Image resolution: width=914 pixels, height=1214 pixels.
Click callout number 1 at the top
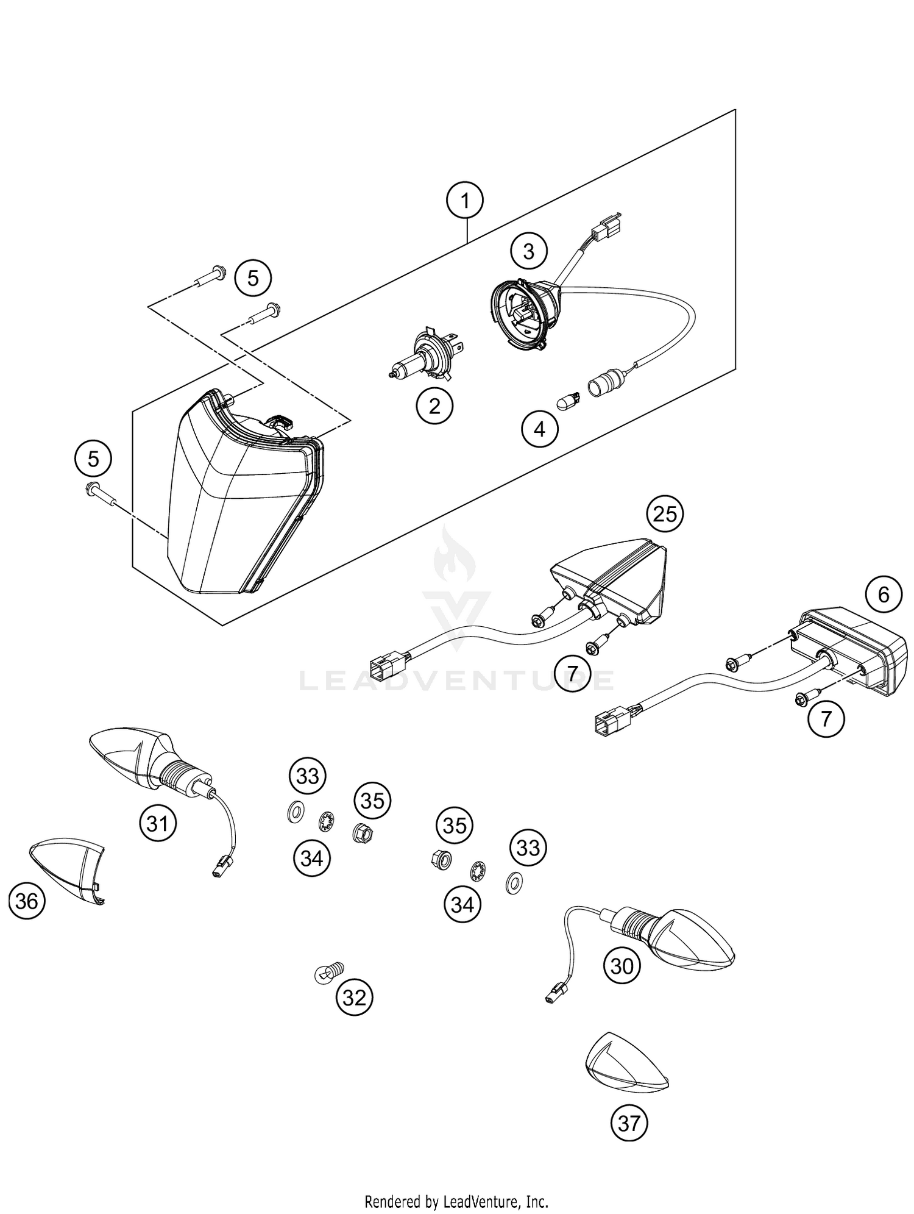point(465,199)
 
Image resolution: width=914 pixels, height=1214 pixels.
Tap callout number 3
point(528,251)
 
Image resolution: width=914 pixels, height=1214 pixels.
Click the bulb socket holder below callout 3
point(524,315)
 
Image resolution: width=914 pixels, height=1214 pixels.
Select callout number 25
point(665,514)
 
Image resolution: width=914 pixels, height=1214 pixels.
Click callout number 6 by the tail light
point(884,595)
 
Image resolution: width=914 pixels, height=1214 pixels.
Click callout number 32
point(355,998)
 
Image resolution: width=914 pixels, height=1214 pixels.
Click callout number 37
point(629,1122)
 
